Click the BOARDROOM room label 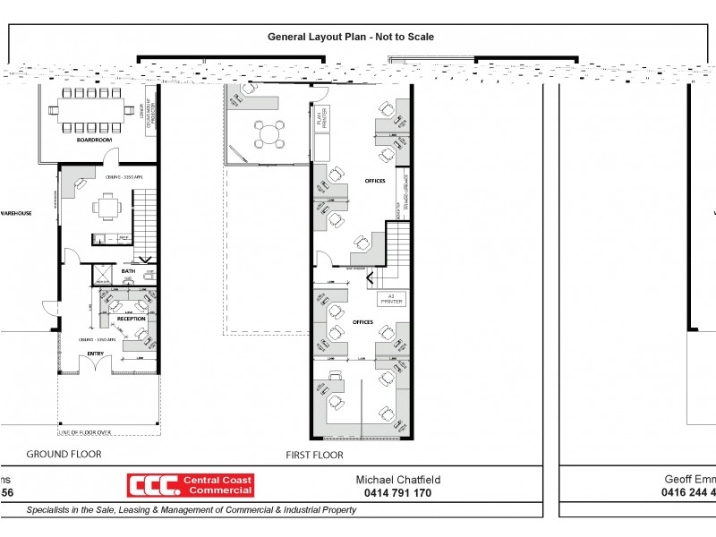point(94,141)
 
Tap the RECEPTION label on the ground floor point(131,319)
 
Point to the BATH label point(128,271)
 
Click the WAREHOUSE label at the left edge point(15,214)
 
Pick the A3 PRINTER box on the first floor point(391,298)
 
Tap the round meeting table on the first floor point(269,135)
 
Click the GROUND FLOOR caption point(64,455)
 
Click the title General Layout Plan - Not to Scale point(351,37)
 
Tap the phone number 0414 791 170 point(397,493)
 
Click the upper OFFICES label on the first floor point(375,181)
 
